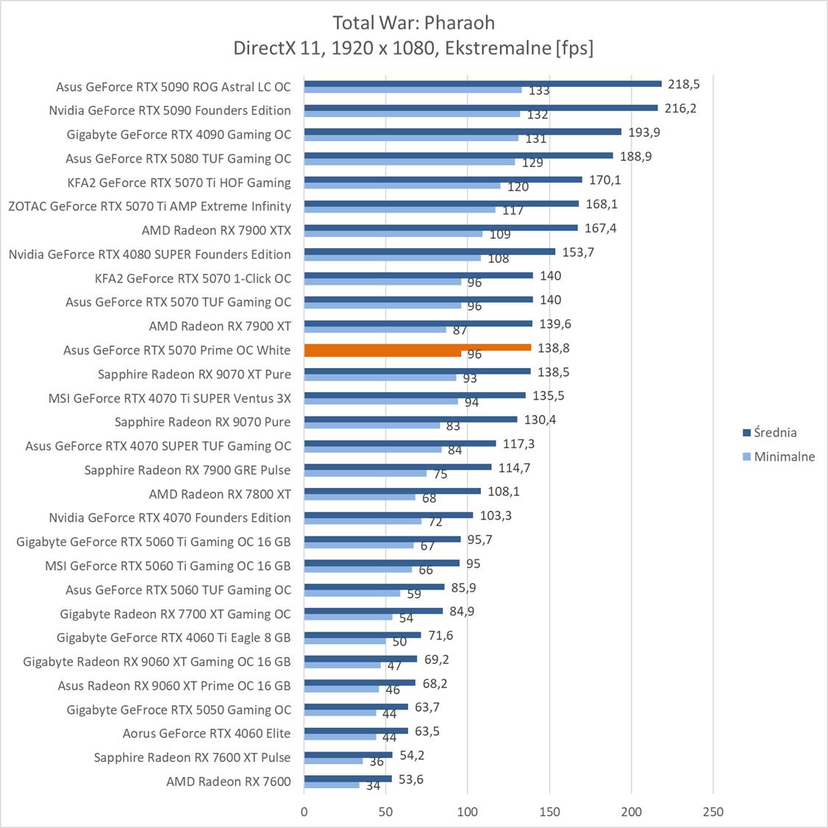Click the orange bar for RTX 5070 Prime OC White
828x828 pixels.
[417, 347]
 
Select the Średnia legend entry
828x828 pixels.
[769, 433]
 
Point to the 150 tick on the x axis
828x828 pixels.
[549, 812]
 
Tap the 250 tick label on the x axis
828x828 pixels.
[713, 812]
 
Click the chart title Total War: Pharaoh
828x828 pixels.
[413, 22]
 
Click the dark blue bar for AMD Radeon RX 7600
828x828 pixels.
[348, 779]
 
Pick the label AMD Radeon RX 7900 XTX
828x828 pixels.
[216, 230]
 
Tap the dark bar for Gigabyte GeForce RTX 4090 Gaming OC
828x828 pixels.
[463, 132]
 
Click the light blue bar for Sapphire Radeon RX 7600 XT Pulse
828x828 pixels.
[333, 761]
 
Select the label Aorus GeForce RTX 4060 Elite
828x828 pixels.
[207, 733]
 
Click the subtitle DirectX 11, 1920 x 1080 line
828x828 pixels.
[413, 49]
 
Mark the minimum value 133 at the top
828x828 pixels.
[539, 91]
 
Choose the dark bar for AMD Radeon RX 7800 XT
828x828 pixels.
[392, 491]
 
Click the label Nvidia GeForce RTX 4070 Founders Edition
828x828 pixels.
[170, 517]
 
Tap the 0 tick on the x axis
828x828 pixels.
[304, 812]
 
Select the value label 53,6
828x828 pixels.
[411, 779]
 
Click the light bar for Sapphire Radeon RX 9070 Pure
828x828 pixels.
[372, 425]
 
